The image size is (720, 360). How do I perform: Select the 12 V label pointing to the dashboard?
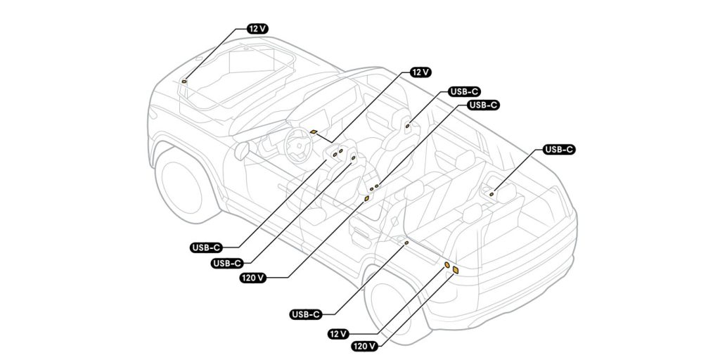[420, 72]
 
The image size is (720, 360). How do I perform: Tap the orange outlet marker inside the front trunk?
[185, 82]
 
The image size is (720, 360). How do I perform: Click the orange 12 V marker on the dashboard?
[314, 131]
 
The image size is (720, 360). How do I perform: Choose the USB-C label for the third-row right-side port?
[559, 150]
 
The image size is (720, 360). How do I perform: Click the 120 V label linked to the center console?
[252, 278]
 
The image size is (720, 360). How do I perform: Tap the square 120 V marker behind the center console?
[366, 199]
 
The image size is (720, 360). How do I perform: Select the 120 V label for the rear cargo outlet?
[364, 346]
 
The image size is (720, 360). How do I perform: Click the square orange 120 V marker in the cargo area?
[456, 270]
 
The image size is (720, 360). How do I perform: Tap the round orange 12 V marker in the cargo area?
[446, 264]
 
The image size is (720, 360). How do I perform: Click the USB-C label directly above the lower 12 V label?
[306, 314]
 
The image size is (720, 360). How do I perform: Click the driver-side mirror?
[240, 150]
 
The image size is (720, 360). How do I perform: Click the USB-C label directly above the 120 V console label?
[227, 264]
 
